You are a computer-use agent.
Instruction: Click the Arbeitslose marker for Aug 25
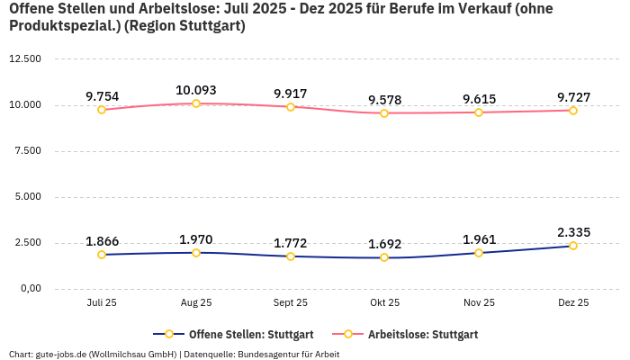[x=196, y=103]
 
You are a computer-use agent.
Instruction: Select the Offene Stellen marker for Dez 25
[x=572, y=246]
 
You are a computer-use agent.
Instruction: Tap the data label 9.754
[x=102, y=96]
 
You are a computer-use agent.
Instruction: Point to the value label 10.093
[x=196, y=90]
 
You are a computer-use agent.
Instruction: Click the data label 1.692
[x=384, y=244]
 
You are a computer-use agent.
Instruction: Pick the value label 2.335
[x=573, y=232]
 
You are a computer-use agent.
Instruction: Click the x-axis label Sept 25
[x=290, y=303]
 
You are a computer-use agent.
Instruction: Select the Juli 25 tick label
[x=102, y=303]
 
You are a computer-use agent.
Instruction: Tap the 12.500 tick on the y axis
[x=25, y=58]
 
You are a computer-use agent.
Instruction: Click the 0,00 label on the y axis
[x=30, y=288]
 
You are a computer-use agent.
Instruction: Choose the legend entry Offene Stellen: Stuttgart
[x=233, y=334]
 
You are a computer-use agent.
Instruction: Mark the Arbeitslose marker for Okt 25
[x=384, y=113]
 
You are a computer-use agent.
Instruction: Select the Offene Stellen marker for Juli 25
[x=102, y=255]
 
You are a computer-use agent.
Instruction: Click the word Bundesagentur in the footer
[x=271, y=355]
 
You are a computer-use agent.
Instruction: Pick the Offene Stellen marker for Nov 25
[x=479, y=253]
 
